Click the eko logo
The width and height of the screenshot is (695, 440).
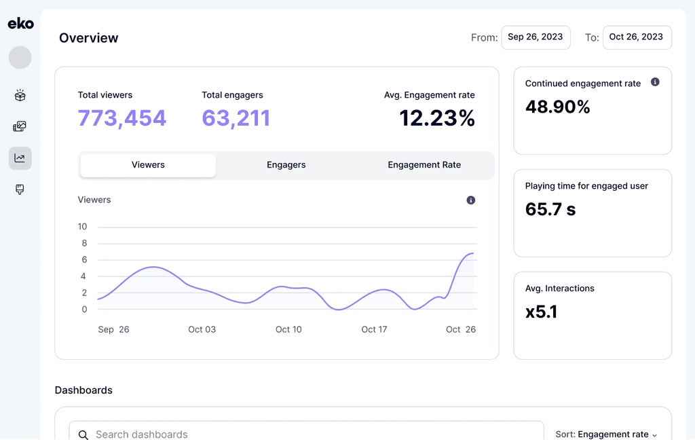20,24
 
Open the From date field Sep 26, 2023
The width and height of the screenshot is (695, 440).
536,37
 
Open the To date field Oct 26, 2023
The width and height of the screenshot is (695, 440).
636,37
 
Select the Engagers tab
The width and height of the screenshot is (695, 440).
286,165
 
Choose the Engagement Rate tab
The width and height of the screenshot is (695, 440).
424,165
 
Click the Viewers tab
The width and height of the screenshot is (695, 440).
148,165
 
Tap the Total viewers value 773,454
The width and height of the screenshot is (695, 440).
122,118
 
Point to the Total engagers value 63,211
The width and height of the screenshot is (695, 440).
236,118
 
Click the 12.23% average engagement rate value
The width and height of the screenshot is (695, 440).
436,118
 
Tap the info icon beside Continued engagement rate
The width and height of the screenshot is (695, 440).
655,82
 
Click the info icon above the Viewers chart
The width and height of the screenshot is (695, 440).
471,200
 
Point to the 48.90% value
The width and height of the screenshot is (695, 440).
557,107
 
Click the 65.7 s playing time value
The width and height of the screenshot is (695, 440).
550,209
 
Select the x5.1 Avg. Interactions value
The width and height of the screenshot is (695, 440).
542,312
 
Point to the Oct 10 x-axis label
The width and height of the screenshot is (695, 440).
288,329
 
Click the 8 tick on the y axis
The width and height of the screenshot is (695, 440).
84,243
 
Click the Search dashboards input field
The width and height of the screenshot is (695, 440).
305,434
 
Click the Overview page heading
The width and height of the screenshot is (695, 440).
88,38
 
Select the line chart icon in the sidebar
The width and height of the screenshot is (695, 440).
20,158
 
